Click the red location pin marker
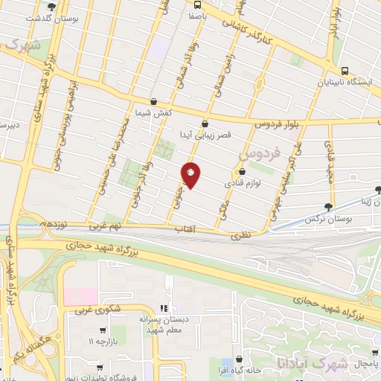click(191, 174)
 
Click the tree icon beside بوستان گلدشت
click(50, 7)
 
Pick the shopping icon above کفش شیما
click(153, 102)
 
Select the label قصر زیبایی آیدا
click(203, 135)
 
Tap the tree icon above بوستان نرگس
click(328, 208)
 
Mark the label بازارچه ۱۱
click(102, 341)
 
